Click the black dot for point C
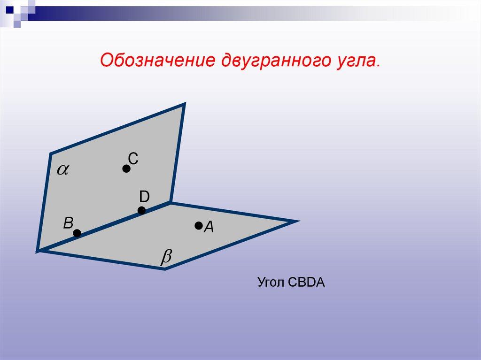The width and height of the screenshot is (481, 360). [126, 169]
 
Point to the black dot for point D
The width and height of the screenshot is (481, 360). [142, 210]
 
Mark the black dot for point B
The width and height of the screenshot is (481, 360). [77, 232]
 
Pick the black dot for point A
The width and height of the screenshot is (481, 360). [198, 226]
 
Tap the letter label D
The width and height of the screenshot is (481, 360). [144, 196]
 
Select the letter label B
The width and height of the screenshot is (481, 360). [69, 223]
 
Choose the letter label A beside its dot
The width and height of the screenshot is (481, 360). [209, 228]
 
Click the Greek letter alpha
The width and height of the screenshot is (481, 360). [62, 170]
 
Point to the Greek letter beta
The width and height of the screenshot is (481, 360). [167, 257]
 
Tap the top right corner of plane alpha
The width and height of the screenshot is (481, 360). [184, 104]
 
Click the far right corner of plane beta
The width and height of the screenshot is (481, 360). [296, 221]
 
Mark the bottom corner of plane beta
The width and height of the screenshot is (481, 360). [165, 269]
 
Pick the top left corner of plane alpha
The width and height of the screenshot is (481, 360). [51, 153]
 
